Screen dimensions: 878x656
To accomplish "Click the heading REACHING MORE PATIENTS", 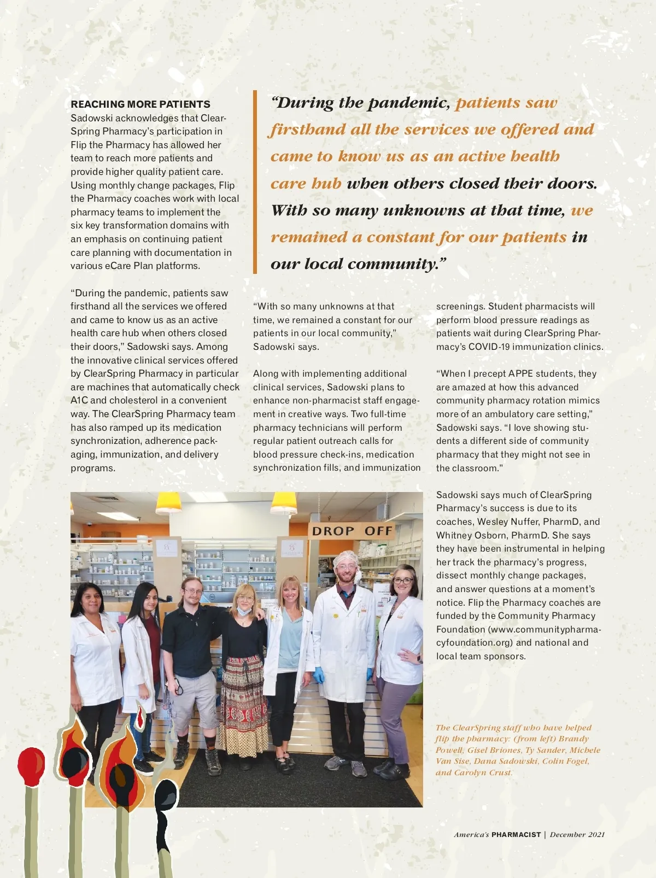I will (x=140, y=104).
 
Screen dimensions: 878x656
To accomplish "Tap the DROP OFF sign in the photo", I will (x=352, y=531).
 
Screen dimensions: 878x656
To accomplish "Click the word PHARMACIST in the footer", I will (x=516, y=835).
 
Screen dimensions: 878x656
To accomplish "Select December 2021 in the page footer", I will (x=577, y=835).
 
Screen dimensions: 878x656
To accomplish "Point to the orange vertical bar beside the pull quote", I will (x=255, y=182).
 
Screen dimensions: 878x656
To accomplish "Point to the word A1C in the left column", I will (x=79, y=400).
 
